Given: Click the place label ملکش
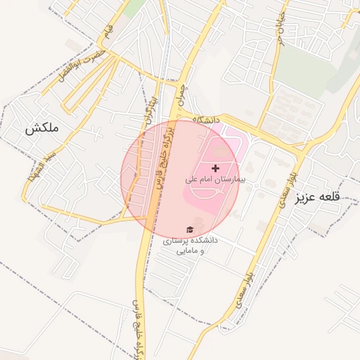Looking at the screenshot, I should pos(41,129).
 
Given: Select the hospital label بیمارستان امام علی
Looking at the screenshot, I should pos(212,180).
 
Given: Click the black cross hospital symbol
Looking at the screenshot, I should pos(215,168).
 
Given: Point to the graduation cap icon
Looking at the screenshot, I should pos(189,229).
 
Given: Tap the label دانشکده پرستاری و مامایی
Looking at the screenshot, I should pos(191,245).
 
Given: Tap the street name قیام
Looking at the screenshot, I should pos(107,31).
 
